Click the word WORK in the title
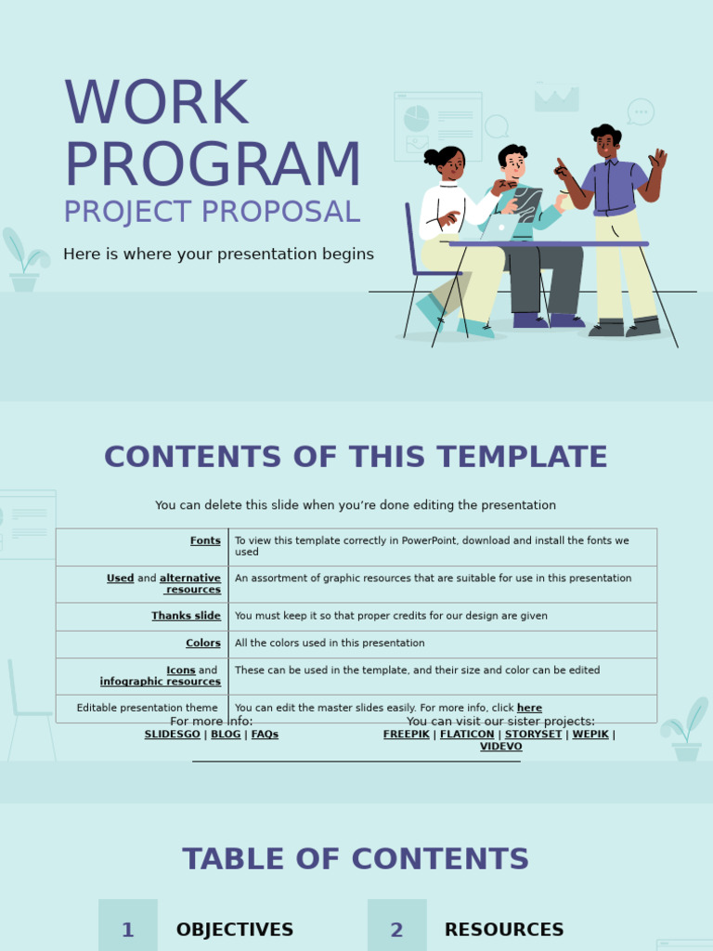(156, 104)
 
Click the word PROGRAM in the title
(212, 165)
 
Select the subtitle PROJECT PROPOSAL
(212, 213)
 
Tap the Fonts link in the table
(205, 541)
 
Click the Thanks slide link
(186, 616)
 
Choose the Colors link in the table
(202, 643)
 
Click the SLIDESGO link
(172, 735)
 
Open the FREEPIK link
(406, 735)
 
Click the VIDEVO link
(500, 747)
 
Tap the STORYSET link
(533, 735)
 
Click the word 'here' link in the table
(529, 709)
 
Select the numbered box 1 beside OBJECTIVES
(128, 929)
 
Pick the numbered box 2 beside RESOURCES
(396, 929)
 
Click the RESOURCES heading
(504, 930)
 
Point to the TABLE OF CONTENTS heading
(356, 859)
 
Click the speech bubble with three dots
(641, 111)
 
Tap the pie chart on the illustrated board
(417, 118)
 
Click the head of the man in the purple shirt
(606, 142)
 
